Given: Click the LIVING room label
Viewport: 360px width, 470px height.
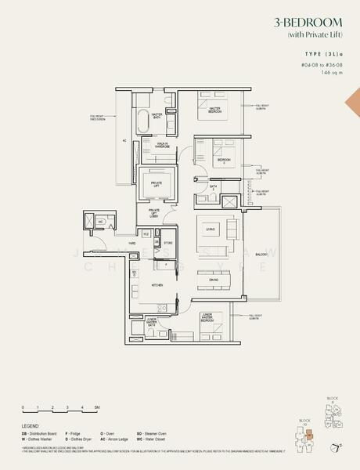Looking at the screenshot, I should (x=211, y=227).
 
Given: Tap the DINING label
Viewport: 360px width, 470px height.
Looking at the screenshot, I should (x=213, y=280).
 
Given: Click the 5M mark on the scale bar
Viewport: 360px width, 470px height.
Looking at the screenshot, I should (x=96, y=408).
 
